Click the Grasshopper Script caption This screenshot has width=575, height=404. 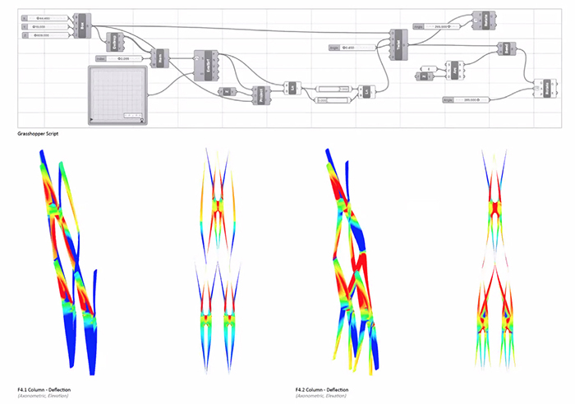37,133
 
